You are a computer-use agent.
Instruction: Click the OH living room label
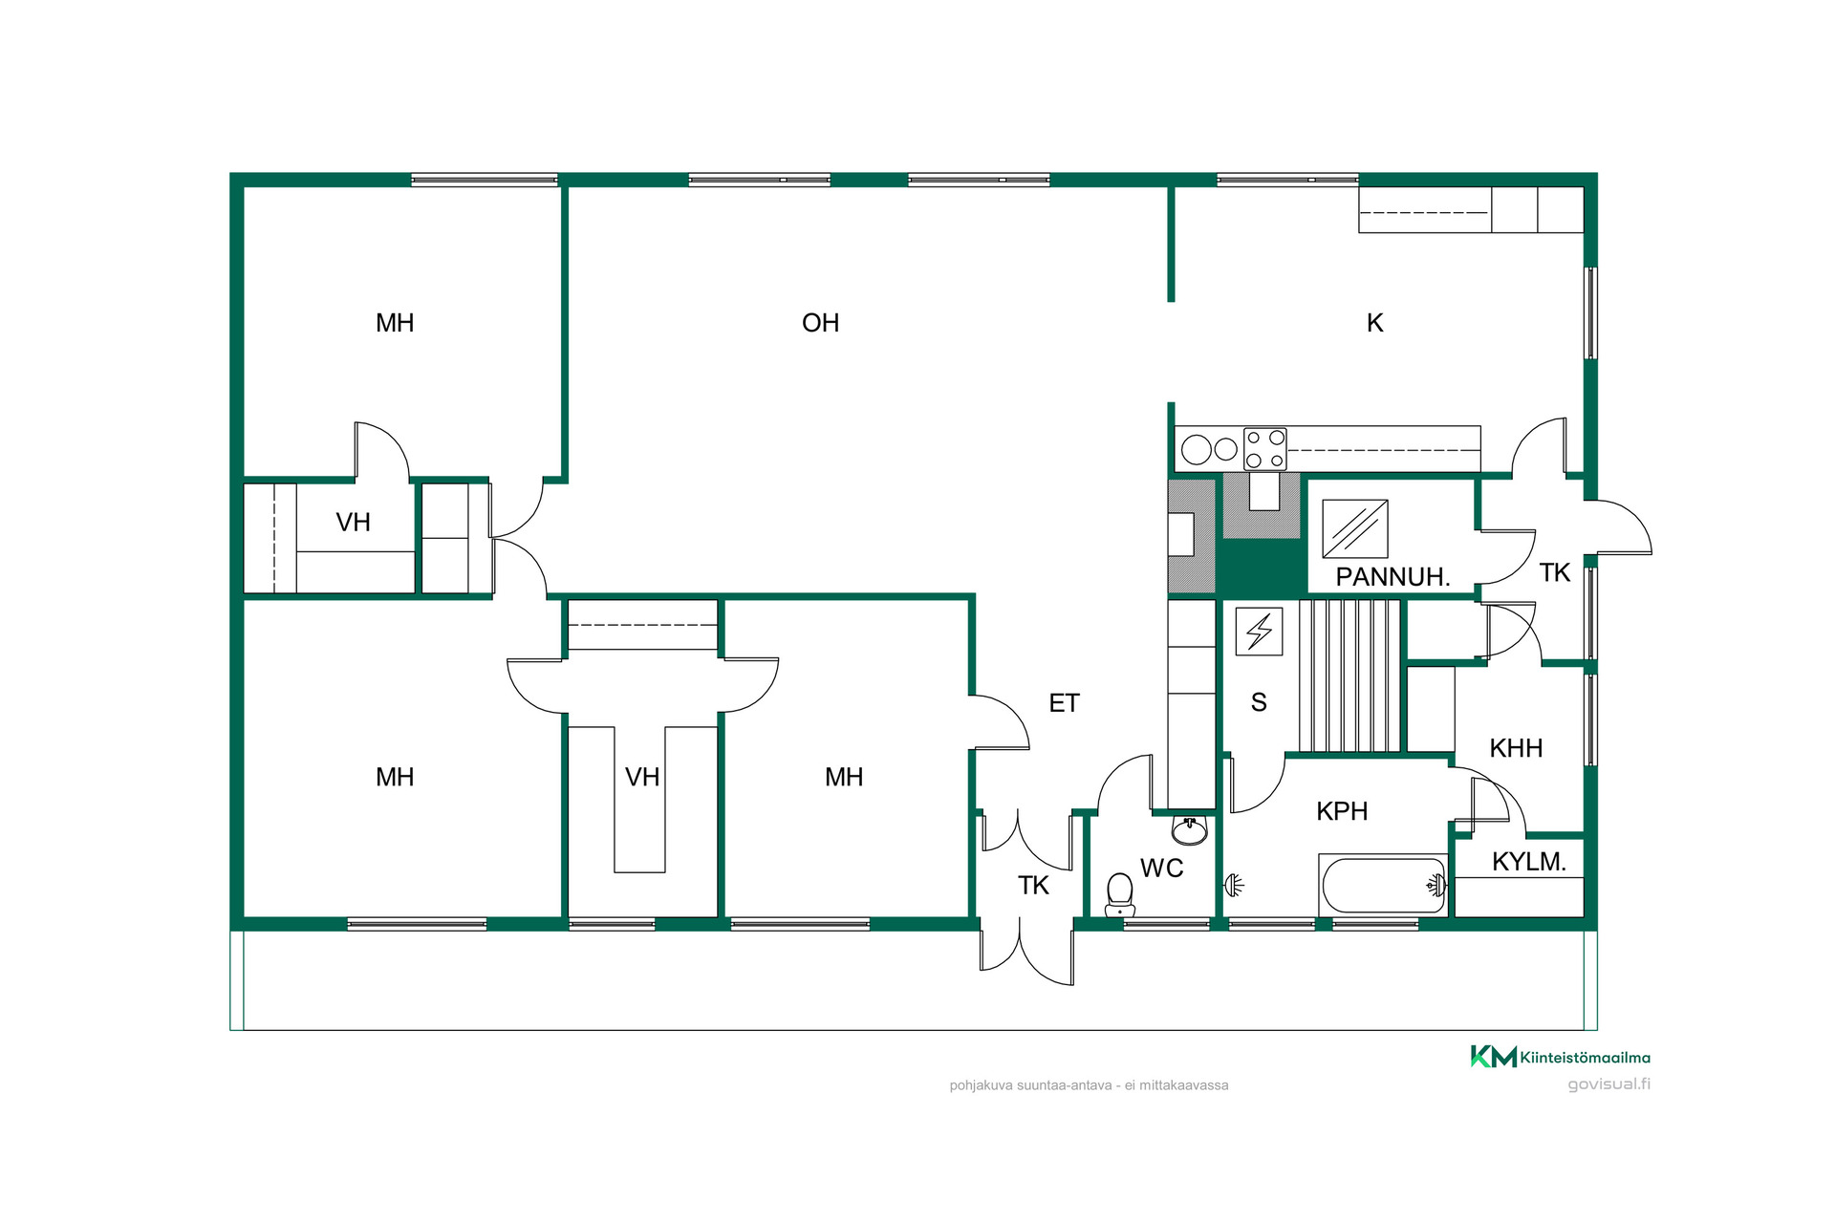(x=820, y=323)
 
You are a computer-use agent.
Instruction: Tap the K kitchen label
(x=1374, y=323)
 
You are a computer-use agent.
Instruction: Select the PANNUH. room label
(x=1392, y=577)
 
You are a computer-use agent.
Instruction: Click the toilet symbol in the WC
(x=1119, y=894)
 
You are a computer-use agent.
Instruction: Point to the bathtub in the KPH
(x=1383, y=886)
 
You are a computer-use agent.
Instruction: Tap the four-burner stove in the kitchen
(x=1264, y=449)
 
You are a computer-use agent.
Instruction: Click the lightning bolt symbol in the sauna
(x=1259, y=632)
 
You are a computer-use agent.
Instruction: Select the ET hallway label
(x=1064, y=703)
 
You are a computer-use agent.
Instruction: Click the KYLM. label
(x=1528, y=862)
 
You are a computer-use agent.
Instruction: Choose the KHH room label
(x=1516, y=748)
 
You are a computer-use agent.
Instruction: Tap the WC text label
(x=1162, y=869)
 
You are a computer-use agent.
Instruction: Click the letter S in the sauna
(x=1259, y=702)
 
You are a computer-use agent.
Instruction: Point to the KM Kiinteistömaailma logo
(x=1560, y=1057)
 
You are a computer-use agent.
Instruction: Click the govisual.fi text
(x=1608, y=1084)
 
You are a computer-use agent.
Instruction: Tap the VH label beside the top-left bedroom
(x=353, y=523)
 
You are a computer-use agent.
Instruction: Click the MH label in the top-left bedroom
(x=395, y=323)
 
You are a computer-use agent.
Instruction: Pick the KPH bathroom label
(x=1342, y=811)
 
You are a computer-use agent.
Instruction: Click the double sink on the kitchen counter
(x=1209, y=449)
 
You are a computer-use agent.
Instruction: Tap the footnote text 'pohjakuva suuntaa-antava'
(x=1030, y=1085)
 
